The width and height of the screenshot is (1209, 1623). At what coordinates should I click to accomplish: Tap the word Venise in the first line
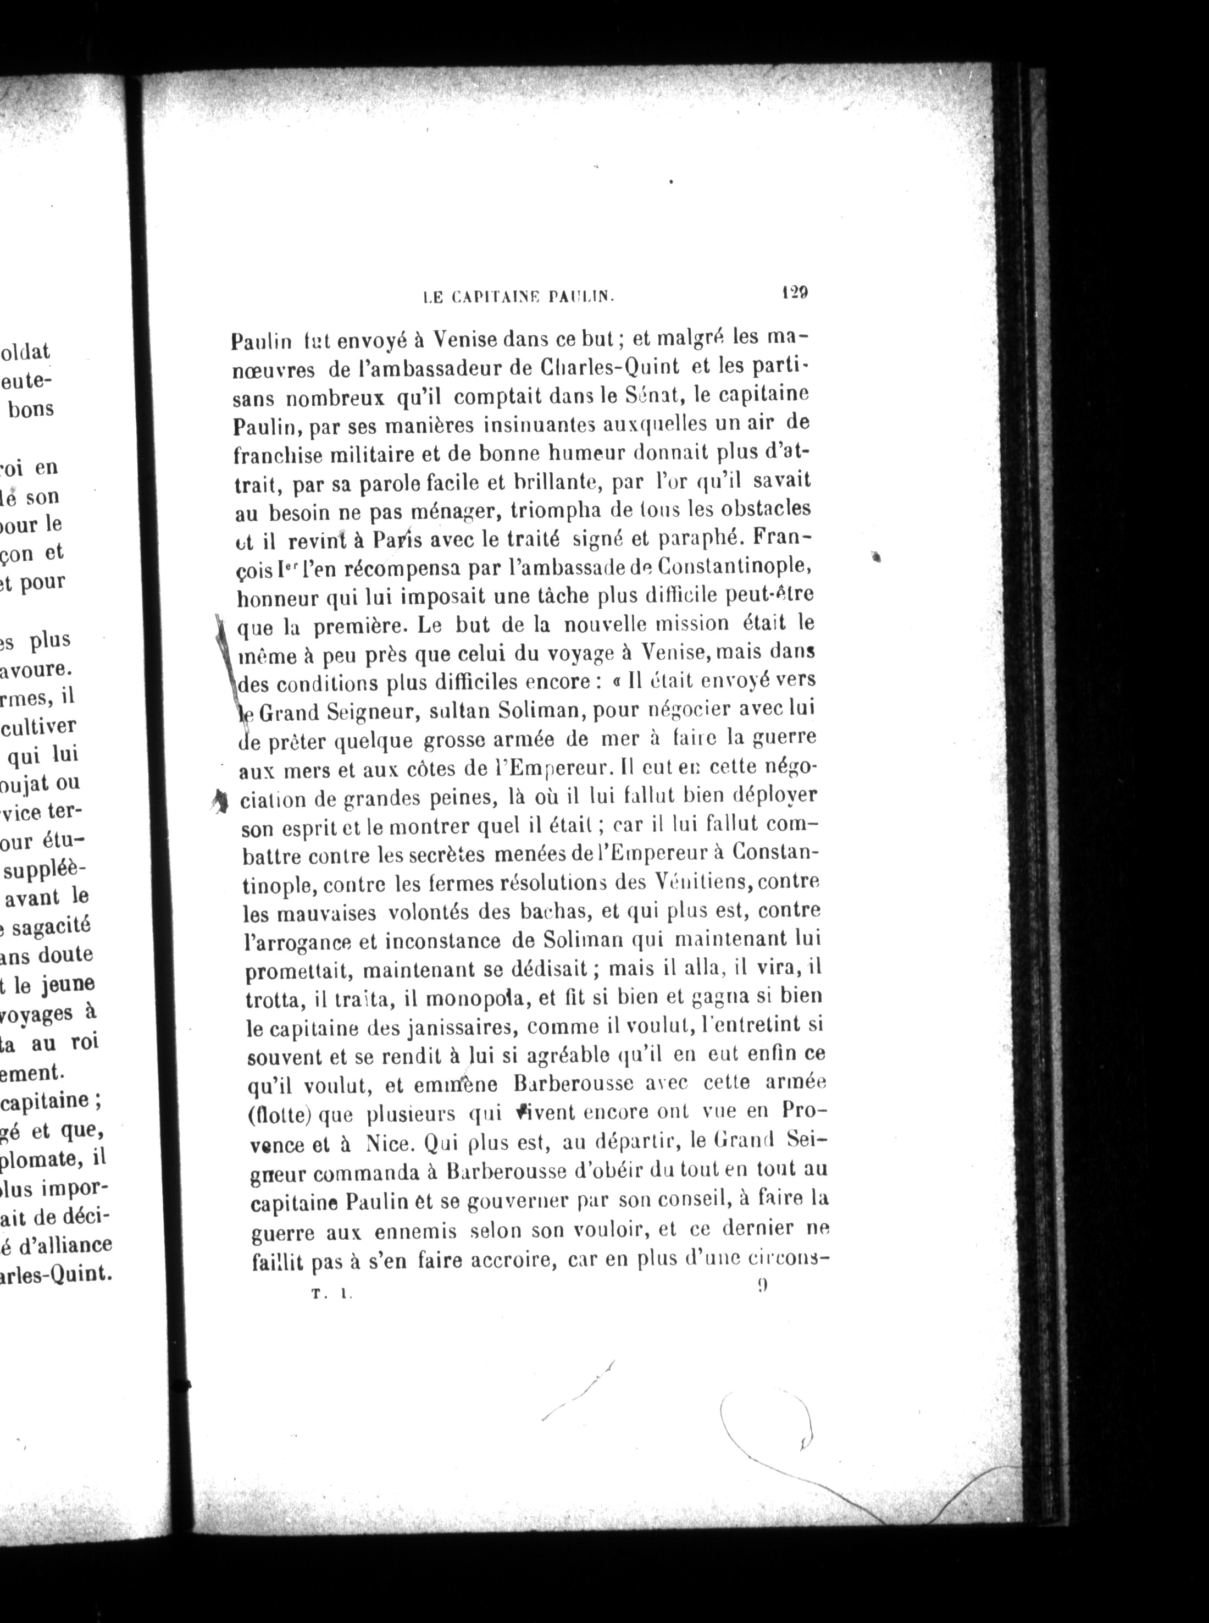(463, 340)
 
